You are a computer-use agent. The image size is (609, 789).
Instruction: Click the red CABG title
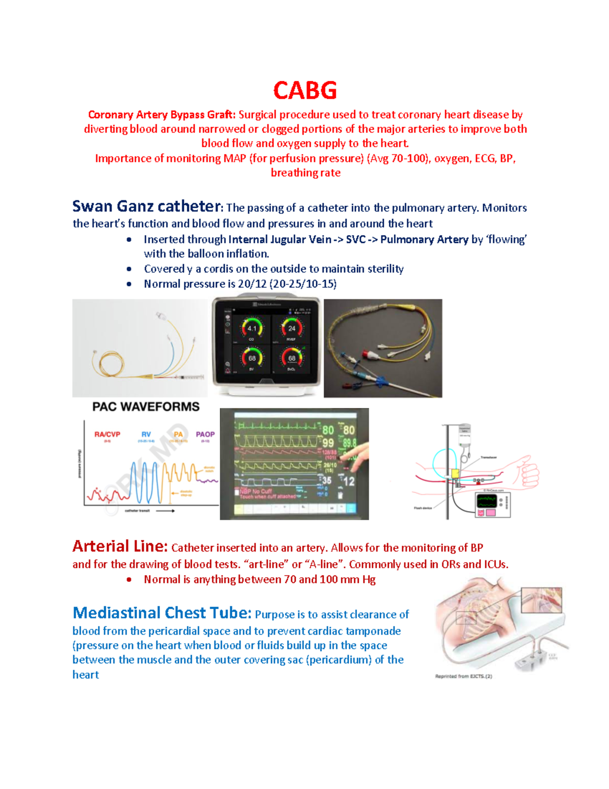pyautogui.click(x=304, y=91)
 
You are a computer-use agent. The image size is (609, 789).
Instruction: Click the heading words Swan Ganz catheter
pyautogui.click(x=146, y=206)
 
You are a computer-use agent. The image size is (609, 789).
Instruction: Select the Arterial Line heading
pyautogui.click(x=120, y=546)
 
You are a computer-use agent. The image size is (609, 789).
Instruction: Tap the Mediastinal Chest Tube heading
pyautogui.click(x=161, y=613)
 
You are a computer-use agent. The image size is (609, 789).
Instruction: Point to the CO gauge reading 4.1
pyautogui.click(x=252, y=329)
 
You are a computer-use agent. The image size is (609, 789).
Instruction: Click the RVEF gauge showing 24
pyautogui.click(x=292, y=329)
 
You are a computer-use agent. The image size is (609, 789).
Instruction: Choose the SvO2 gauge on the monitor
pyautogui.click(x=292, y=359)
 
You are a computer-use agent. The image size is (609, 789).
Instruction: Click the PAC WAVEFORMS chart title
pyautogui.click(x=146, y=406)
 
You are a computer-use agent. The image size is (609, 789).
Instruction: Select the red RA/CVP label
pyautogui.click(x=107, y=434)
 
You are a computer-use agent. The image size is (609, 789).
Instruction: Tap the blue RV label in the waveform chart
pyautogui.click(x=146, y=434)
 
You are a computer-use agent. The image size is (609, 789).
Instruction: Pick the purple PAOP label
pyautogui.click(x=205, y=434)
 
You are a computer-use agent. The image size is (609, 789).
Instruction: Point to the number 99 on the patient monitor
pyautogui.click(x=328, y=443)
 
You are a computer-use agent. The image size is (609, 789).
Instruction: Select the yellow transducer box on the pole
pyautogui.click(x=455, y=474)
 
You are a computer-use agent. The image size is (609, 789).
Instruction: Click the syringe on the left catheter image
pyautogui.click(x=190, y=377)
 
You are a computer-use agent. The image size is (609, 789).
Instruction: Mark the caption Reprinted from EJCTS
pyautogui.click(x=463, y=676)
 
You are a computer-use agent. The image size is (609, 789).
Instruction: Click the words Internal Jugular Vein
pyautogui.click(x=280, y=239)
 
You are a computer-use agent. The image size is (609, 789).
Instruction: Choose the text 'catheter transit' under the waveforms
pyautogui.click(x=138, y=511)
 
